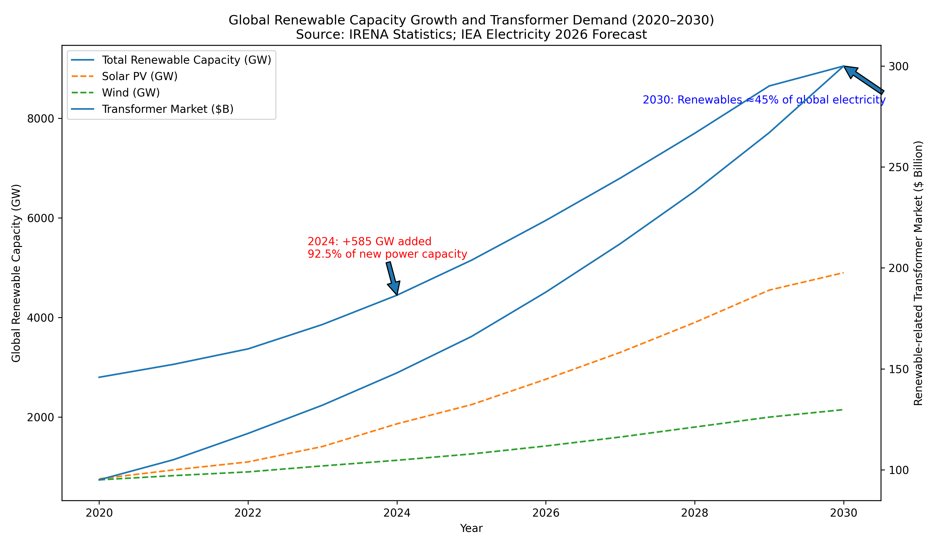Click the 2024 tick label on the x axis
[397, 513]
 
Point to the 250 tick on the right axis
[898, 167]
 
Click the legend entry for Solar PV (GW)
[140, 76]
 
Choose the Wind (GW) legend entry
[131, 93]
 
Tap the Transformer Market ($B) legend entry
[167, 109]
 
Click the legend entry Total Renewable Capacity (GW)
[186, 60]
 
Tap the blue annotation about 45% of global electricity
[764, 100]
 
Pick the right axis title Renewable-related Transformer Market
[918, 273]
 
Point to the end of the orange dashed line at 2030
[843, 273]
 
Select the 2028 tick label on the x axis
[694, 513]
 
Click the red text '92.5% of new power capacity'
[387, 254]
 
